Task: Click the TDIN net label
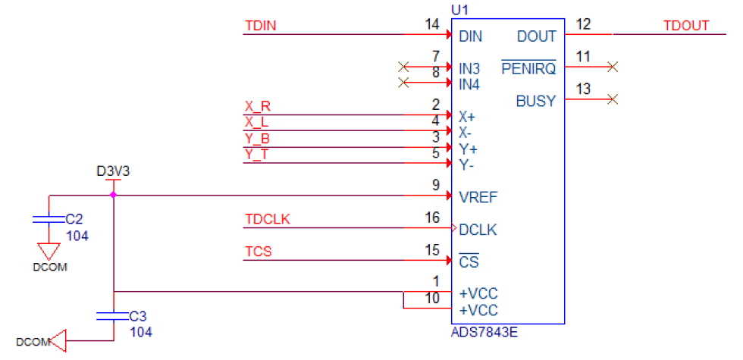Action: (260, 27)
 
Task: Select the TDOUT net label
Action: (685, 26)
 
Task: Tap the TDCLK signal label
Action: (268, 220)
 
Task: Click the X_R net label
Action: (258, 106)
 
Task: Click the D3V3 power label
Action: (113, 171)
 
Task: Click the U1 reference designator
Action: (459, 9)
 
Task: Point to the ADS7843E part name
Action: (484, 330)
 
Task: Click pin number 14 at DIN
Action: (432, 25)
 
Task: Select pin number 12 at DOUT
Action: (583, 24)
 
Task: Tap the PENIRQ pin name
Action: (528, 69)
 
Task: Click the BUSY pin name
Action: (536, 101)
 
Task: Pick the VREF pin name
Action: (478, 197)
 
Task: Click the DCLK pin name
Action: (478, 230)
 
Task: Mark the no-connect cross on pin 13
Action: (613, 99)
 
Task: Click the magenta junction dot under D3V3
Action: (113, 195)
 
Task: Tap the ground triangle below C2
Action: (49, 250)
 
